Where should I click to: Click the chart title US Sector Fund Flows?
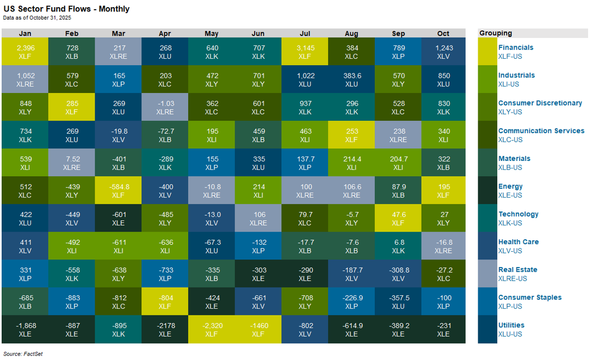pos(66,9)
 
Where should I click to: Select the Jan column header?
pos(25,33)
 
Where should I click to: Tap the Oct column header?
pos(443,33)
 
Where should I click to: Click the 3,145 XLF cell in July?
pos(305,52)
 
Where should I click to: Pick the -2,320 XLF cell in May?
pos(212,330)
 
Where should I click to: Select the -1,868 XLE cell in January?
pos(25,330)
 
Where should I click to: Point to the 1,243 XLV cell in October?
pos(443,52)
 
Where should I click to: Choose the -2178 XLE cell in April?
pos(165,330)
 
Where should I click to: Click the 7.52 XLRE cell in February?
pos(71,163)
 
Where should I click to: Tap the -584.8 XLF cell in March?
pos(118,190)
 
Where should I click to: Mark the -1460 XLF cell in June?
pos(258,330)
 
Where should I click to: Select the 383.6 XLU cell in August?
pos(351,79)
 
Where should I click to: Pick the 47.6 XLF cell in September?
pos(398,218)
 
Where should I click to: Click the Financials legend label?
pos(516,47)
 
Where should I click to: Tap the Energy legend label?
pos(510,187)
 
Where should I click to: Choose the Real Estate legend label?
pos(517,270)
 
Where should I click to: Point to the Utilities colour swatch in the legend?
pos(487,330)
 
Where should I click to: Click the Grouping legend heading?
pos(496,33)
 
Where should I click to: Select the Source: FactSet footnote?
pos(22,354)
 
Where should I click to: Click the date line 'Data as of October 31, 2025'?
pos(36,18)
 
